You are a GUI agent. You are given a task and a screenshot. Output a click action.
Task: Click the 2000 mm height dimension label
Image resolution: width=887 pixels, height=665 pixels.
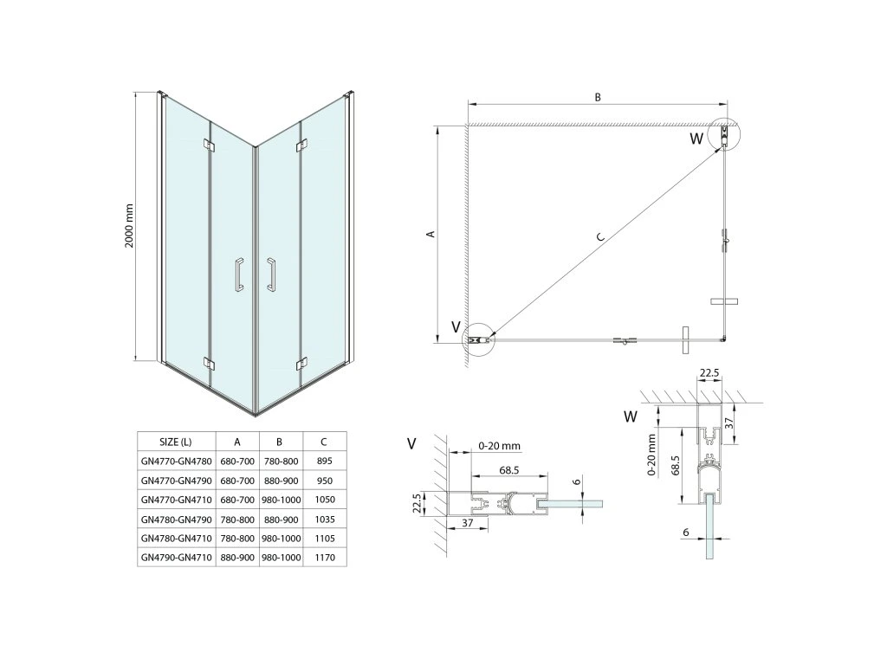[x=129, y=227]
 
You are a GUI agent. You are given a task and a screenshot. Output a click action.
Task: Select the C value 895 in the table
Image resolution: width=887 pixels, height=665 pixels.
[x=325, y=462]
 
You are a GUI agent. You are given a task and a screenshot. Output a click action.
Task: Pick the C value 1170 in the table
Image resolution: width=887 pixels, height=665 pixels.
[x=325, y=558]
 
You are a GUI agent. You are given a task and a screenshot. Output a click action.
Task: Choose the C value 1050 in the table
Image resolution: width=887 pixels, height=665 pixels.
[x=325, y=500]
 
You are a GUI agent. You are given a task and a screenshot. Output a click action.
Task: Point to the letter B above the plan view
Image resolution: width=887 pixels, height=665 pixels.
[x=598, y=97]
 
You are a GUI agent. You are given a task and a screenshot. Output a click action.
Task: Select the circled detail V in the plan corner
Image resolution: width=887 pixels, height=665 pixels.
[x=479, y=339]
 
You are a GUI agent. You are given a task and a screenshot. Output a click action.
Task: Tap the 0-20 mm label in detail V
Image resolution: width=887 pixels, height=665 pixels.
[x=499, y=446]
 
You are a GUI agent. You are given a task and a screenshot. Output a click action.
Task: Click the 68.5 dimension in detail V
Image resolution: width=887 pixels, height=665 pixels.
[x=509, y=470]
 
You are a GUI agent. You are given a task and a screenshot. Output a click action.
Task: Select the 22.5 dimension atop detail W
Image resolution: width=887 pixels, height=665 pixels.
[x=709, y=374]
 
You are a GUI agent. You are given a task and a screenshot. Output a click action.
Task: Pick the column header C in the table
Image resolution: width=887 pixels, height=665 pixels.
[x=325, y=441]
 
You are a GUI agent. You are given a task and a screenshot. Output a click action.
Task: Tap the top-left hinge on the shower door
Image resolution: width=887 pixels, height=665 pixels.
[x=206, y=144]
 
